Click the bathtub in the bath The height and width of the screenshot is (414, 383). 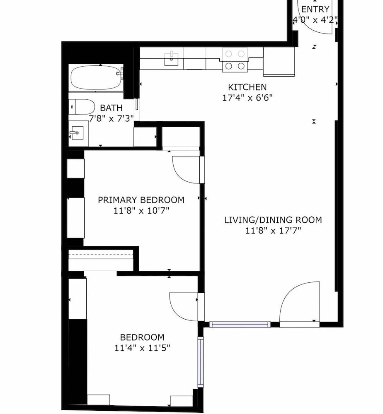(96, 78)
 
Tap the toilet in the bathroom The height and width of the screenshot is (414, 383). (82, 107)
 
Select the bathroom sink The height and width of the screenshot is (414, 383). (77, 133)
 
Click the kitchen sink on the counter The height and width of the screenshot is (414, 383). (171, 59)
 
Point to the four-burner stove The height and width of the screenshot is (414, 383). (235, 60)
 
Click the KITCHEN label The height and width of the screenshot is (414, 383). (247, 87)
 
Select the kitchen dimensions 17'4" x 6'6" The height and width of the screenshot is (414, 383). (247, 98)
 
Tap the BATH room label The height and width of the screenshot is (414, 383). (111, 108)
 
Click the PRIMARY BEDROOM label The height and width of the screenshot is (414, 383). (141, 200)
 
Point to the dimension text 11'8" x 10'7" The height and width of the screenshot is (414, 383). (141, 211)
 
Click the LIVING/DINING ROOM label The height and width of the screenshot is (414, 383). (273, 220)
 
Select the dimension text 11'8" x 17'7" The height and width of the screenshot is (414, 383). (273, 231)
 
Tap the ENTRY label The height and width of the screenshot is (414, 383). (315, 9)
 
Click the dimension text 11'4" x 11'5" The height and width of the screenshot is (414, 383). (142, 348)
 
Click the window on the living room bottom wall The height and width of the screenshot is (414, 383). (240, 325)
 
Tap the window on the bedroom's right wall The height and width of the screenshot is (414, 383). (201, 362)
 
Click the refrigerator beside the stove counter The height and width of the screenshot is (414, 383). (279, 62)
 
